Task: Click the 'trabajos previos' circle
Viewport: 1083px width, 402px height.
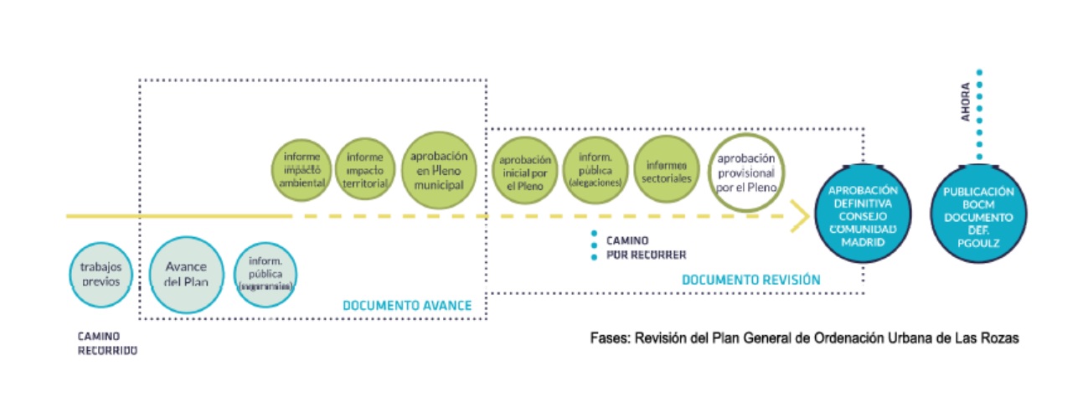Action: [x=101, y=274]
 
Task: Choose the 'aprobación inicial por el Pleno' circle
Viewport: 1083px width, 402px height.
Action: [x=525, y=173]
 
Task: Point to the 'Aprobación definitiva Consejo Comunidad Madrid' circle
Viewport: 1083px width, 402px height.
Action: [x=863, y=215]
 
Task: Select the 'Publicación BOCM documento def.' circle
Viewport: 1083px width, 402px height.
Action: [x=977, y=215]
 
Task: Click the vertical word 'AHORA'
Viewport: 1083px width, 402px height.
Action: [x=966, y=102]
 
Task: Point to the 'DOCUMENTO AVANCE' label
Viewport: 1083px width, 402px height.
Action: [x=407, y=306]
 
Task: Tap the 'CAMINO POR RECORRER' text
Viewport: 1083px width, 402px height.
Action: [x=646, y=247]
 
